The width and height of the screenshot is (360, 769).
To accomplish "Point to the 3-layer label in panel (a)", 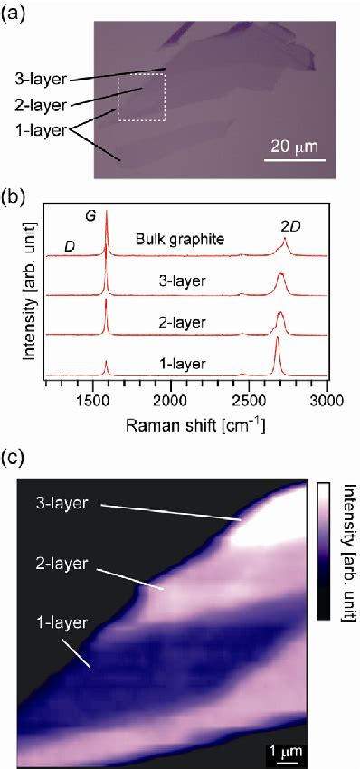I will tap(44, 79).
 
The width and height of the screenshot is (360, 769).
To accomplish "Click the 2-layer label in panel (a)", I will tap(44, 104).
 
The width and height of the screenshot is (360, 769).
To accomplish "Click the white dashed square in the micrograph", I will tap(142, 97).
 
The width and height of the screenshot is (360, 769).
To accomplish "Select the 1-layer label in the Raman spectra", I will tap(182, 364).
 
